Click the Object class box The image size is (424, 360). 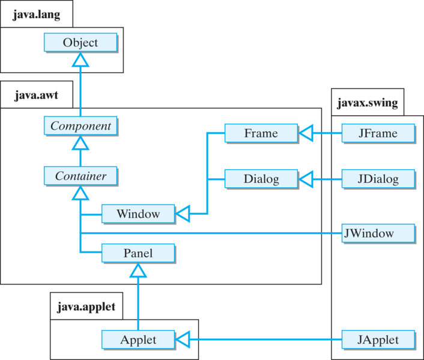coord(80,43)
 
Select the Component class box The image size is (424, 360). coord(80,126)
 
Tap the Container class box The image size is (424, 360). coord(80,176)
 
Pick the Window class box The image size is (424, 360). coord(138,213)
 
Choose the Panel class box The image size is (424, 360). coord(138,253)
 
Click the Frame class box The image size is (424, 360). coord(261,133)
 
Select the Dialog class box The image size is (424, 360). coord(261,178)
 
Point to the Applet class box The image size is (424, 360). coord(138,340)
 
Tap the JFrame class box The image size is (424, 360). coord(378,133)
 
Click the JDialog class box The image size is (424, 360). coord(378,178)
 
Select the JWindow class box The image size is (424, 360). coord(378,233)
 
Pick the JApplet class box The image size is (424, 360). coord(378,340)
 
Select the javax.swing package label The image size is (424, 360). coord(368,103)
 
